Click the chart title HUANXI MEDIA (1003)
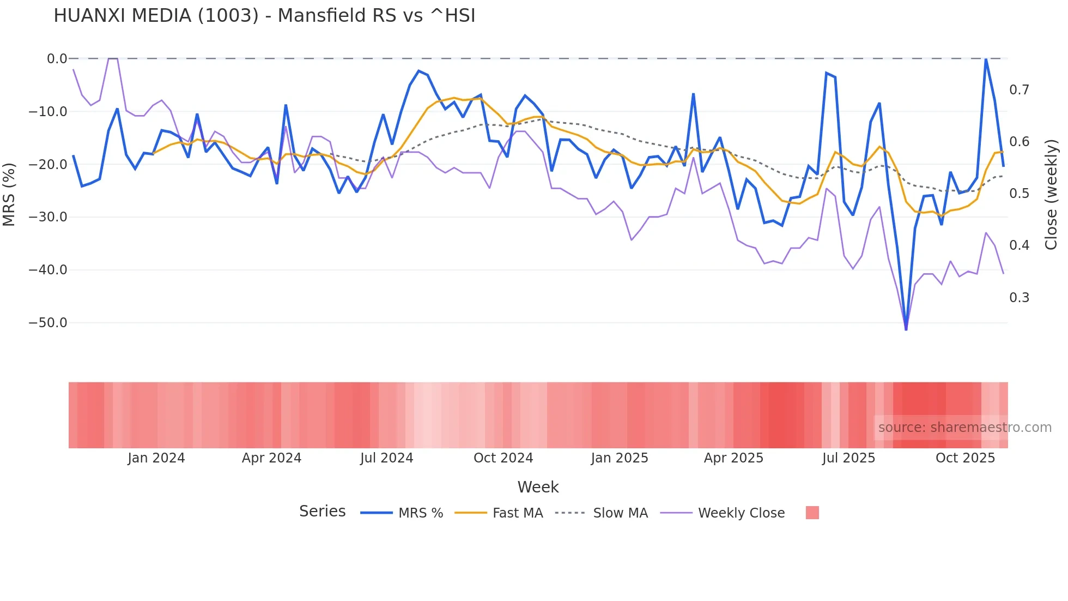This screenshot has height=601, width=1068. tap(264, 16)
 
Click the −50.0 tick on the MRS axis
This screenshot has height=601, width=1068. tap(48, 323)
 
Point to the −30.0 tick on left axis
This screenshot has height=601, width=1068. tap(48, 217)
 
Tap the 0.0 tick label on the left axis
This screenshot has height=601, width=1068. tap(57, 59)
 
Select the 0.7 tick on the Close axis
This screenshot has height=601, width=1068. tap(1019, 90)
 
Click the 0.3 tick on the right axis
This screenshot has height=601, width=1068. tap(1019, 298)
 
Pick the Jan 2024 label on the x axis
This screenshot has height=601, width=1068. tap(156, 458)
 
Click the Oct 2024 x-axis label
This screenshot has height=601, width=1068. tap(503, 458)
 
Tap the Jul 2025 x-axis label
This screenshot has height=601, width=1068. tap(848, 458)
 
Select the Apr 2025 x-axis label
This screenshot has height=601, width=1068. tap(733, 458)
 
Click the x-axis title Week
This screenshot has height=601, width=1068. tap(538, 487)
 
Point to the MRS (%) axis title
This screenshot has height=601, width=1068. tap(9, 194)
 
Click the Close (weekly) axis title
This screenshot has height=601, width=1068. tap(1051, 194)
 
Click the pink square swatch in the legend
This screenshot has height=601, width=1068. tap(812, 513)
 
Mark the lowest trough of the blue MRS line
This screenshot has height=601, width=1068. tap(906, 329)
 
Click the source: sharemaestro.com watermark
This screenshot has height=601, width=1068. tap(964, 428)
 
